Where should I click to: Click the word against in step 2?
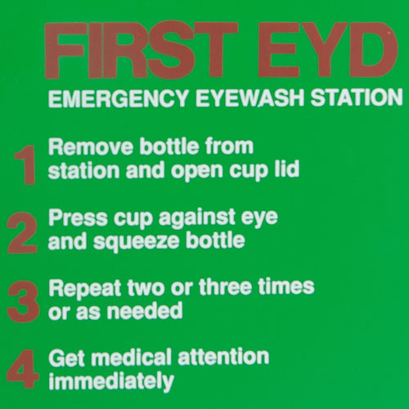tap(190, 219)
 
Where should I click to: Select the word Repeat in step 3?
tap(79, 289)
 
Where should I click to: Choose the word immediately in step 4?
tap(111, 381)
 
